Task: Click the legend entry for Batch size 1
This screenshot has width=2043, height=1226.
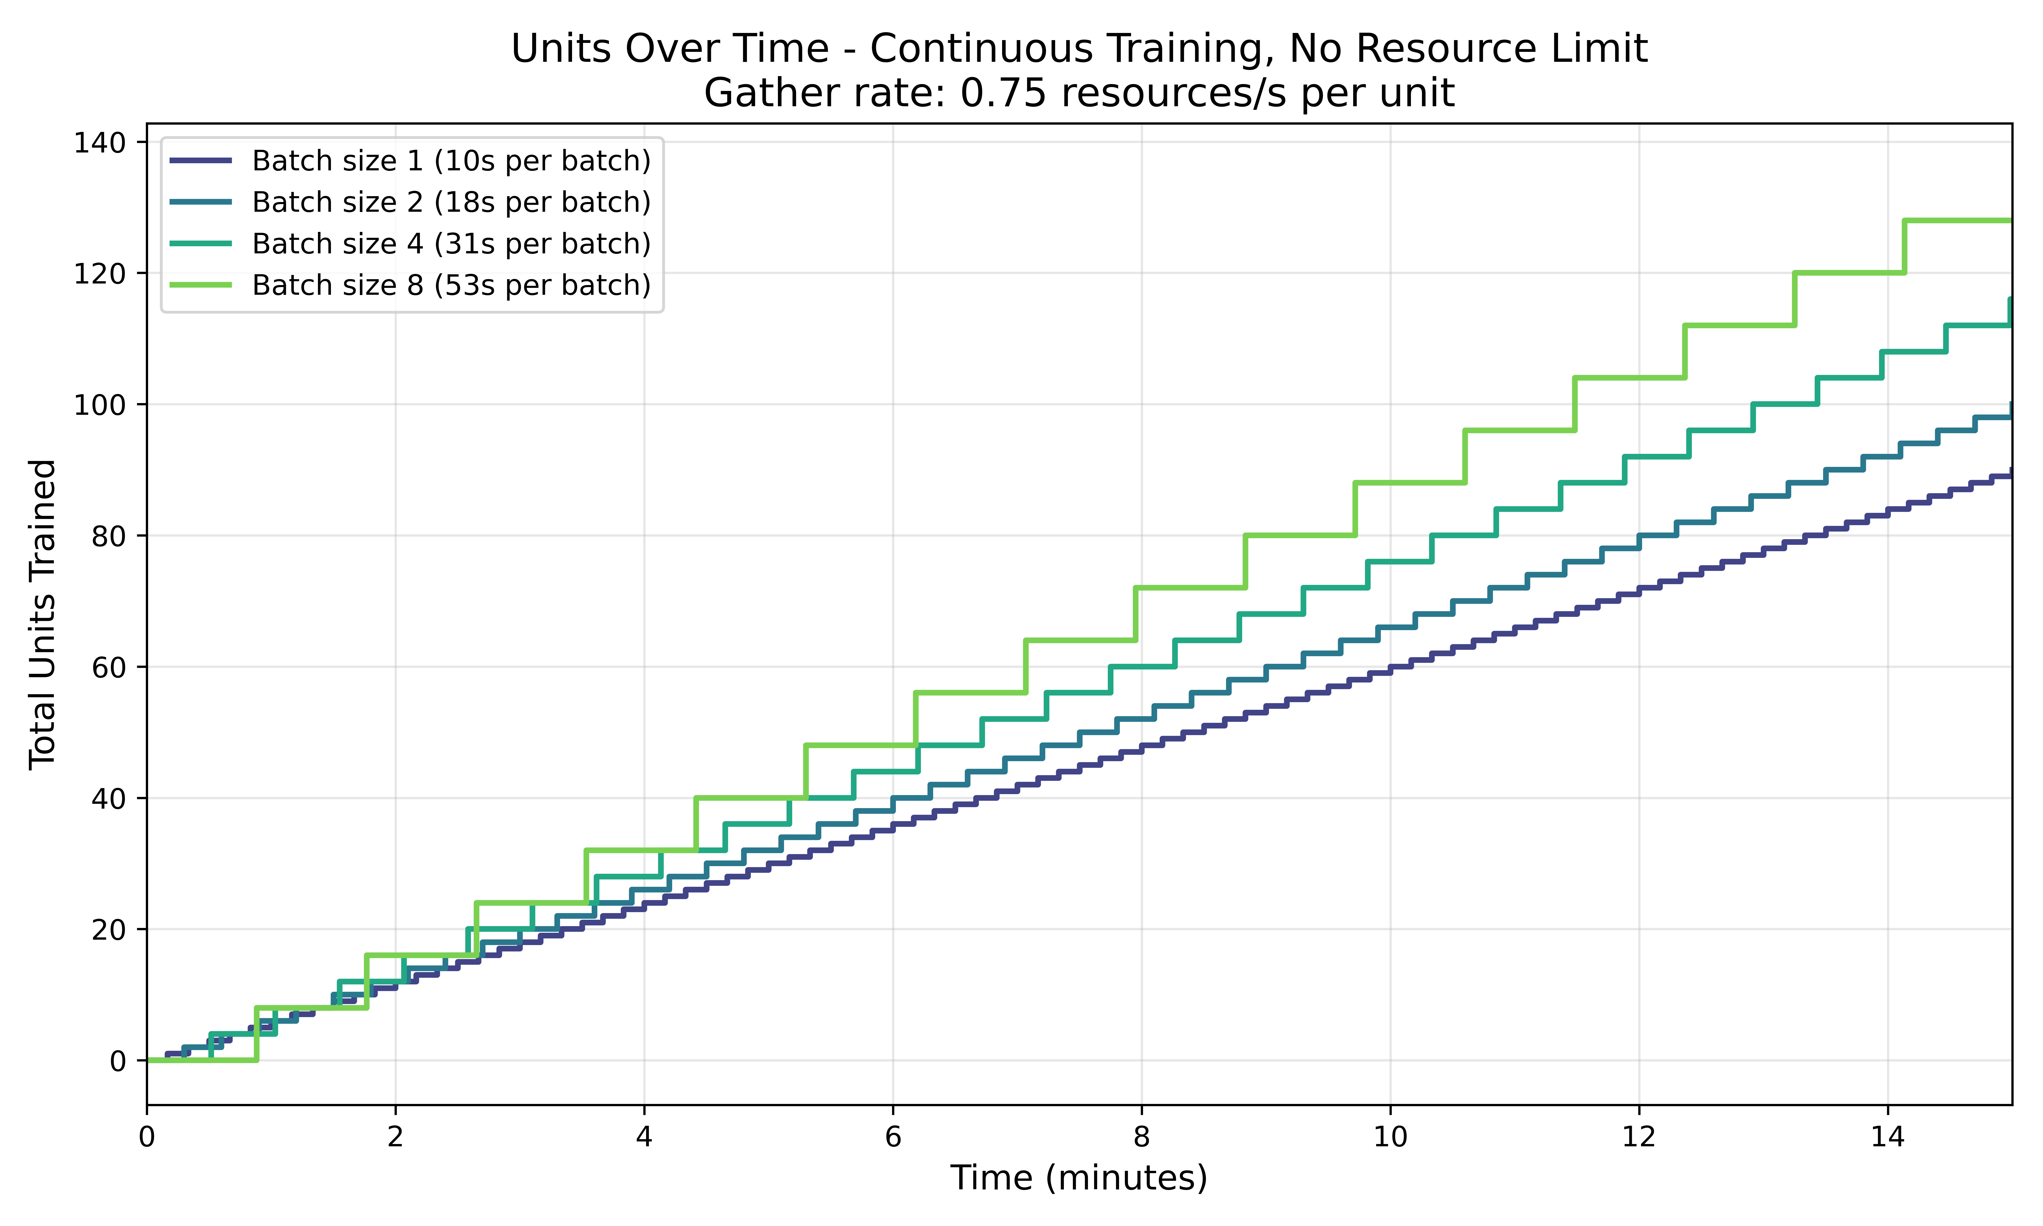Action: tap(451, 161)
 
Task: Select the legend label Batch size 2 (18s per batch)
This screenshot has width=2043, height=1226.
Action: tap(451, 202)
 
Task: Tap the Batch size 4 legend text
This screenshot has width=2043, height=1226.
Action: tap(451, 244)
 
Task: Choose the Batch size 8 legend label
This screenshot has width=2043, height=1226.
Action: tap(451, 285)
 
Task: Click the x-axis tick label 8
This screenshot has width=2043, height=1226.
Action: tap(1141, 1138)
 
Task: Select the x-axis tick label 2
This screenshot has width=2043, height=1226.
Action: tap(396, 1138)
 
